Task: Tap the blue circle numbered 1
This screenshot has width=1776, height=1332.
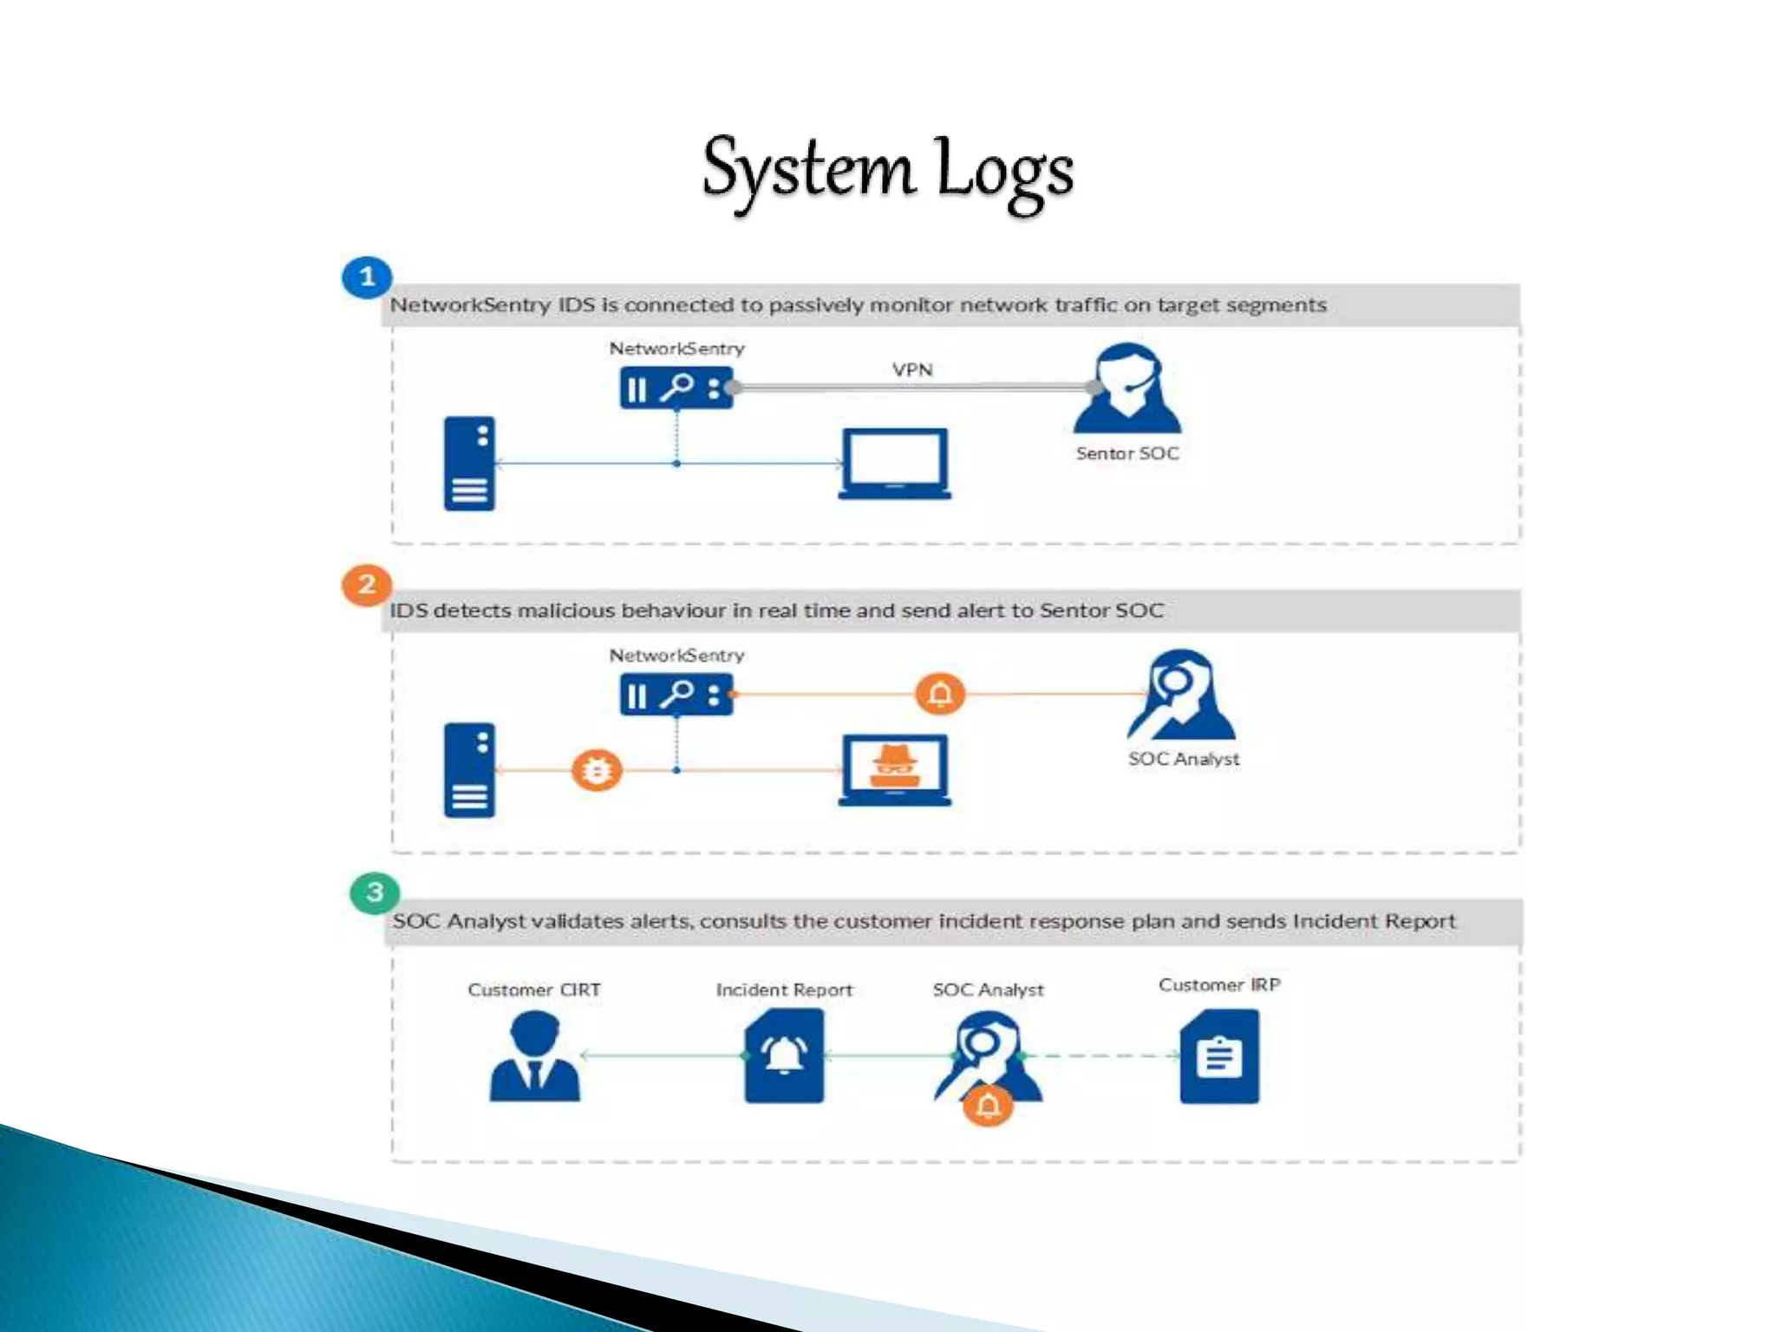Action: click(x=367, y=277)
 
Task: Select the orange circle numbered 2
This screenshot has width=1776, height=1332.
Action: click(x=367, y=584)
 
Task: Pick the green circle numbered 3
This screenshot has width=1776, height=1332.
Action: click(x=375, y=892)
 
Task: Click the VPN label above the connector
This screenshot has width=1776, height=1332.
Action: click(x=912, y=369)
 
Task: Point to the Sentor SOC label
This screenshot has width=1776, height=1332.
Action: click(x=1127, y=453)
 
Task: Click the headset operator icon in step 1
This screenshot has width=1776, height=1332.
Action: click(x=1126, y=389)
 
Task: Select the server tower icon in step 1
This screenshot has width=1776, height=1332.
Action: click(x=469, y=464)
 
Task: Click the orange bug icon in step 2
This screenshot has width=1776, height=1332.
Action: click(x=597, y=770)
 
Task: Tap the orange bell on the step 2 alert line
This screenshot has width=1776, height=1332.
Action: click(x=940, y=694)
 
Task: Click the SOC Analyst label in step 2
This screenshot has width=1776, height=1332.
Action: click(x=1183, y=759)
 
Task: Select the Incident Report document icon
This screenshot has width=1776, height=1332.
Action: click(x=784, y=1056)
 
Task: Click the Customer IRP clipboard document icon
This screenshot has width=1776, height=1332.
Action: click(x=1218, y=1056)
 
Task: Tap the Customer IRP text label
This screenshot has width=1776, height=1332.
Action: click(x=1218, y=985)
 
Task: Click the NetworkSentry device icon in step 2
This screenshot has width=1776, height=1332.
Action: click(x=676, y=695)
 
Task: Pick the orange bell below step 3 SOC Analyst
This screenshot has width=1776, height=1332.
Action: click(x=988, y=1106)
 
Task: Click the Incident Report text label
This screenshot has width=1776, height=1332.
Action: click(x=784, y=989)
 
